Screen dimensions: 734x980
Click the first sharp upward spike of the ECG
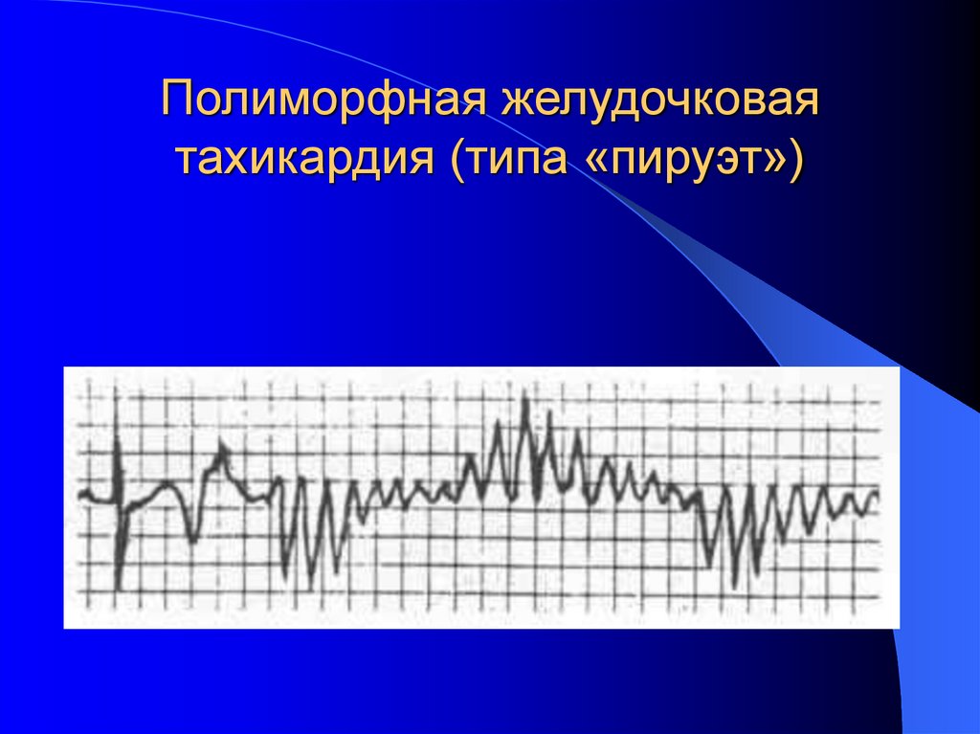pos(117,442)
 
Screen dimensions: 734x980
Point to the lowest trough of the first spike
pos(118,586)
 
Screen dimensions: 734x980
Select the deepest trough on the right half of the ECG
pos(733,585)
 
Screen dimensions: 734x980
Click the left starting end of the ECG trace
pos(80,495)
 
